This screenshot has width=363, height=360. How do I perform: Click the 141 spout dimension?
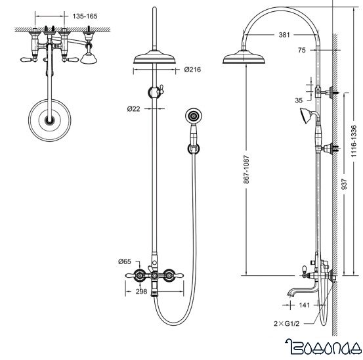pyautogui.click(x=304, y=305)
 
